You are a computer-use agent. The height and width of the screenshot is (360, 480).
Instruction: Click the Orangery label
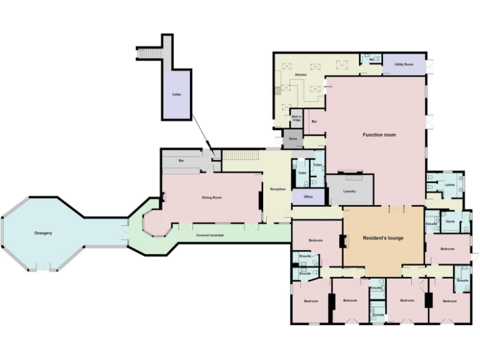click(43, 233)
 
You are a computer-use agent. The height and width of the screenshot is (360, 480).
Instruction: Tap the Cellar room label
click(176, 94)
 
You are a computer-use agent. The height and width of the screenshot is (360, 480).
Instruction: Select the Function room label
click(379, 134)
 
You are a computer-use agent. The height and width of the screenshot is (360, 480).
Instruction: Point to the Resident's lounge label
click(383, 237)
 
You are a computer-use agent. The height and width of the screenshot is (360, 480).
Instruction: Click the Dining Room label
click(211, 197)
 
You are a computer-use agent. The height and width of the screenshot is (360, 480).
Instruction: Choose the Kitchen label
click(301, 75)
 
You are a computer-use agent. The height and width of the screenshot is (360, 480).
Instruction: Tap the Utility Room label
click(404, 64)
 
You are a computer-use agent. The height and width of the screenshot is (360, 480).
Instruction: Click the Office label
click(308, 197)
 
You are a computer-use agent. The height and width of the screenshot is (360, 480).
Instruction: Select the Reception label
click(277, 189)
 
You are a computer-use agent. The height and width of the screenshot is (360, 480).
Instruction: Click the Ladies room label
click(449, 185)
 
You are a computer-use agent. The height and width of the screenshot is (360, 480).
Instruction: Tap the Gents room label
click(449, 221)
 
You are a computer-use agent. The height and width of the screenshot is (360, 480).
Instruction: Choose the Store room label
click(292, 139)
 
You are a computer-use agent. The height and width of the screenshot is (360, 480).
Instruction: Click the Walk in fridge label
click(296, 117)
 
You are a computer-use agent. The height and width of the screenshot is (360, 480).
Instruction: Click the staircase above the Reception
click(241, 154)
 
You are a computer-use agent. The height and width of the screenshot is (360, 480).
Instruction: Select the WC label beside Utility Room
click(372, 60)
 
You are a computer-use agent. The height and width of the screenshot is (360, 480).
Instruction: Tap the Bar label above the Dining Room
click(181, 161)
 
